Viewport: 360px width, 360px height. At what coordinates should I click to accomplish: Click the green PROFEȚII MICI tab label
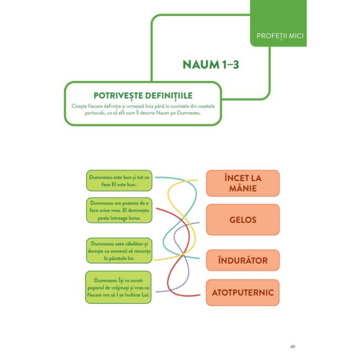[280, 36]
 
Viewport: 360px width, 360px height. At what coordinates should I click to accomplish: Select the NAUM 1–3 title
[211, 64]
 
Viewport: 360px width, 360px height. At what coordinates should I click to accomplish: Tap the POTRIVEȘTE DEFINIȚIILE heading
[143, 95]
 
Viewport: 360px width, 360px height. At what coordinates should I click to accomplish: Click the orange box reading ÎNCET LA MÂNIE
[243, 183]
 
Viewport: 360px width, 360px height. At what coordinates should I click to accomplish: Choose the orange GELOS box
[243, 220]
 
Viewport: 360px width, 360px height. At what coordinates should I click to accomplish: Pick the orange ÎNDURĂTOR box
[243, 260]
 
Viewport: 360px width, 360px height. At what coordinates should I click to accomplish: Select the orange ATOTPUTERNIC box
[243, 292]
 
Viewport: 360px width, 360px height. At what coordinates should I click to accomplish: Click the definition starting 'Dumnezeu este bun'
[119, 181]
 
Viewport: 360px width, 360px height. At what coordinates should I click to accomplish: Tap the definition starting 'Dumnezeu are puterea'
[119, 210]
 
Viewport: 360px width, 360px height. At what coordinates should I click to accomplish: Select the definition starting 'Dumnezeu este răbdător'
[119, 251]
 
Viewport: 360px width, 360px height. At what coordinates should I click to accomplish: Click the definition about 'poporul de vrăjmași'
[118, 287]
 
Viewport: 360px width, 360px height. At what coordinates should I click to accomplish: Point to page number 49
[292, 347]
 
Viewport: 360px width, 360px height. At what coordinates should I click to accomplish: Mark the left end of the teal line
[156, 177]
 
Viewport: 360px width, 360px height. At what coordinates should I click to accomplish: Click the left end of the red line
[157, 208]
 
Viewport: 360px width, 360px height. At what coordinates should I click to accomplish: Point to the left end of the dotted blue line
[156, 292]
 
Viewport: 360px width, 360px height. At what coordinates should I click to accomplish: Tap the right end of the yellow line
[197, 180]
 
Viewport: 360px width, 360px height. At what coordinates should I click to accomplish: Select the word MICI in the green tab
[296, 36]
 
